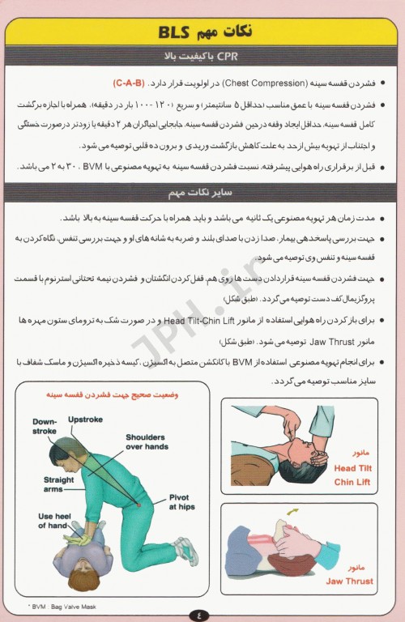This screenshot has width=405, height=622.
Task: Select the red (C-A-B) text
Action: click(130, 83)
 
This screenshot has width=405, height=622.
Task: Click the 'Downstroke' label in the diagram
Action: click(45, 426)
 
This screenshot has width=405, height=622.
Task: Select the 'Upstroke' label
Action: click(85, 420)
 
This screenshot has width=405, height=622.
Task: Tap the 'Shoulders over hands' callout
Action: click(147, 441)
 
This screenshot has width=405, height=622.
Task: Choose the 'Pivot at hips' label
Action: click(182, 501)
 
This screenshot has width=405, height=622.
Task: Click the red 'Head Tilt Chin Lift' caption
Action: click(353, 475)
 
